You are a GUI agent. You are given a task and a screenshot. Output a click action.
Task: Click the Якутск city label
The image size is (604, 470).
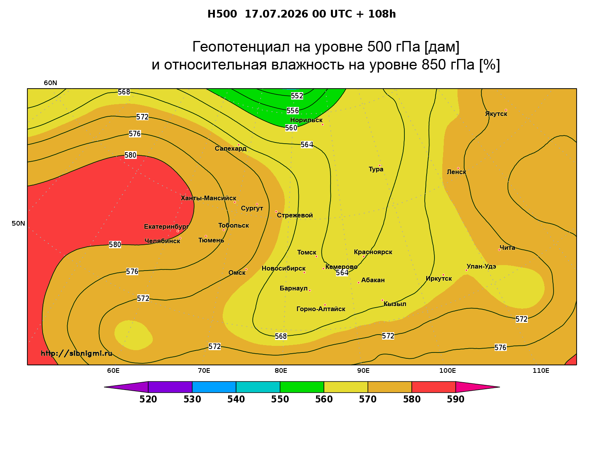coord(496,114)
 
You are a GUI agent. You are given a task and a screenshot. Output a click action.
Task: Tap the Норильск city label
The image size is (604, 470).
coord(306,120)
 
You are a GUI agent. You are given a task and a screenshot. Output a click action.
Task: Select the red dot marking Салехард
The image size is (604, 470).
coord(238,145)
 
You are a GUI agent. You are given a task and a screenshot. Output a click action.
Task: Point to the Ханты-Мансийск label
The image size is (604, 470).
coord(209,198)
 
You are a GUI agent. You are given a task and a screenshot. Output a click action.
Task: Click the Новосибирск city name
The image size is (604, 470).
coord(284,269)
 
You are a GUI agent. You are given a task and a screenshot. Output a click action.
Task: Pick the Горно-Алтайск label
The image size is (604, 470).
coord(321,309)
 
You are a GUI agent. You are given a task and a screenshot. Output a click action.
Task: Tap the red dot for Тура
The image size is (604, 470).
coord(380,166)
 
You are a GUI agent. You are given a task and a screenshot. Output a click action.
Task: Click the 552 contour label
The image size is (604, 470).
coord(297,96)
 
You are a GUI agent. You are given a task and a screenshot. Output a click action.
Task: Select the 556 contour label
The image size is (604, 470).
coord(293,110)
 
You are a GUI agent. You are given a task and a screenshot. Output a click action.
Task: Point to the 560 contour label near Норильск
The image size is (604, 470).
coord(291,128)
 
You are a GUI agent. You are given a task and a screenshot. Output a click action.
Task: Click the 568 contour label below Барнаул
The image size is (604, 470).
coord(281,336)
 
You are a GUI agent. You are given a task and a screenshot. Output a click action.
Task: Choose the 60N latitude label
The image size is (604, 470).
coord(50,83)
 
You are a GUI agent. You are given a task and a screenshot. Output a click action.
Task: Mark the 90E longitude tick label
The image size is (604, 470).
coord(363,370)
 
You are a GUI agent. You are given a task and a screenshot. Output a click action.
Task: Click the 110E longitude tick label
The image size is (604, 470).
coord(541,370)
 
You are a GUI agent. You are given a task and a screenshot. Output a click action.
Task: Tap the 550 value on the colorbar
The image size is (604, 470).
coord(280,399)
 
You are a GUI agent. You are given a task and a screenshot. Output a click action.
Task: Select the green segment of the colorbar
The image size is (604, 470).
coord(302,387)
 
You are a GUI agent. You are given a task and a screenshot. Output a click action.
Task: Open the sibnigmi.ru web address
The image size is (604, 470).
coord(77,353)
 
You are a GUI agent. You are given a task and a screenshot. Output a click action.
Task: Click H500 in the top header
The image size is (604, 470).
coord(222,14)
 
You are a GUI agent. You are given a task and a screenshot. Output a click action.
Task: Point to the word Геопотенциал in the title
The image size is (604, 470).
coord(241,46)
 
